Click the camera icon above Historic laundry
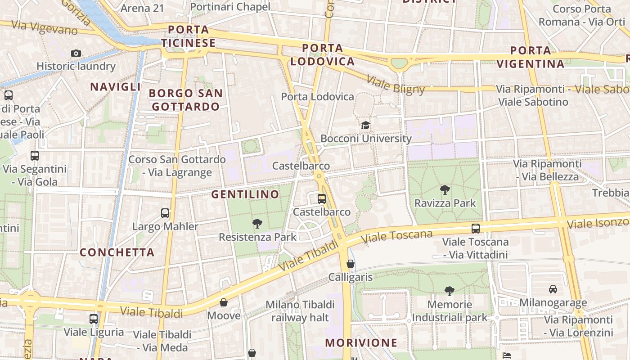tap(76, 53)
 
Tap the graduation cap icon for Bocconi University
tap(365, 125)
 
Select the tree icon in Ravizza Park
tap(445, 190)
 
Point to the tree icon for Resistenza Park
tap(257, 223)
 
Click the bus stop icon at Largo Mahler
tap(165, 213)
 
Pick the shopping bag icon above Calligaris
tap(351, 264)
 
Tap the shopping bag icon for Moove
tap(224, 302)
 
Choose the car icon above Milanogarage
tap(553, 289)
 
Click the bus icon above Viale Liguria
tap(94, 319)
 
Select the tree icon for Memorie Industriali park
tap(449, 291)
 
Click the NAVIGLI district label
tap(116, 87)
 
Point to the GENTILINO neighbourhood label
tap(245, 194)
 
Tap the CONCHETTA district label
tap(117, 252)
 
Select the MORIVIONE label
tap(361, 343)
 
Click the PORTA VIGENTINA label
tap(531, 57)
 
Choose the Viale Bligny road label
tap(396, 85)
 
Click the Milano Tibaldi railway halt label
tap(300, 311)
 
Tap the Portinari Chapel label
tap(230, 7)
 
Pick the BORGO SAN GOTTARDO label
tap(186, 100)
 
